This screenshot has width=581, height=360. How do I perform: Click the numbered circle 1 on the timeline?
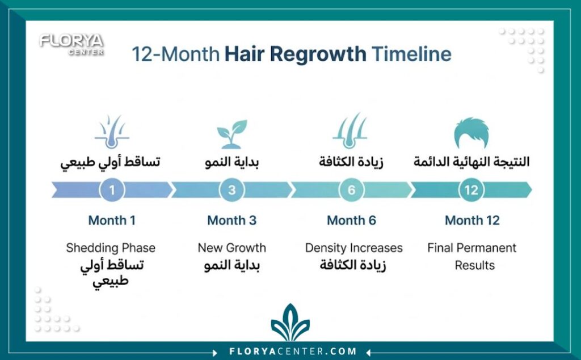tap(112, 190)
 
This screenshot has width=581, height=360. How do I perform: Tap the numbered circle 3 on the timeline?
tap(232, 190)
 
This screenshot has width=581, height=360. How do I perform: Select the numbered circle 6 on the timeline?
tap(351, 190)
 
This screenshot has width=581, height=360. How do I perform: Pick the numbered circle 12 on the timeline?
tap(471, 190)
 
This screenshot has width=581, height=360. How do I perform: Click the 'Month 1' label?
tap(112, 221)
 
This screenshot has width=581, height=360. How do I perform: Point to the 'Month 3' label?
tap(232, 221)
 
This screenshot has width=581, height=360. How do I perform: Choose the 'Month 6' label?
tap(351, 221)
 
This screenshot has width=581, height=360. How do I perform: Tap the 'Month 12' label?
tap(472, 221)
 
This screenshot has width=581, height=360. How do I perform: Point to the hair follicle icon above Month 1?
tap(112, 132)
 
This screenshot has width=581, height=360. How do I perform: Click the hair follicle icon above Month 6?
tap(350, 131)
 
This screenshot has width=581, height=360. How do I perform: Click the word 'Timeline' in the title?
tap(412, 54)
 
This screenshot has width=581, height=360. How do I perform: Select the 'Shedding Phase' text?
tap(111, 248)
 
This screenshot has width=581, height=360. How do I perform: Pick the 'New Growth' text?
tap(232, 248)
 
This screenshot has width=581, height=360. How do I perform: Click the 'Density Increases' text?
tap(354, 248)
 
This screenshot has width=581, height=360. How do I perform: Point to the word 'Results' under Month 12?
tap(475, 265)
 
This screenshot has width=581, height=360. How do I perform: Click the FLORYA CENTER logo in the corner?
tap(71, 44)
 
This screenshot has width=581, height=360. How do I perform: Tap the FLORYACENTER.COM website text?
tap(293, 351)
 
